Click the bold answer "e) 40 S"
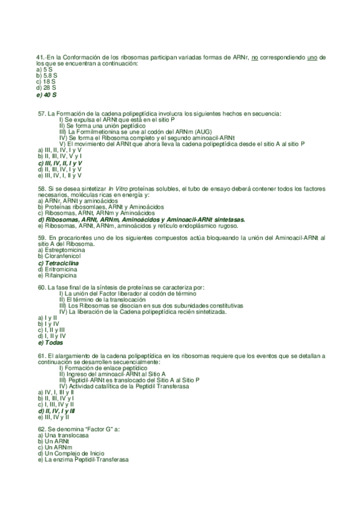(x=46, y=94)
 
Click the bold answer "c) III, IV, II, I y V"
(x=59, y=163)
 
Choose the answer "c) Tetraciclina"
(x=58, y=263)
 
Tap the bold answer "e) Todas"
(x=50, y=343)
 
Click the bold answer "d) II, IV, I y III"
(x=55, y=410)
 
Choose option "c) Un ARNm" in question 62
(x=54, y=447)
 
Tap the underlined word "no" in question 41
(x=254, y=57)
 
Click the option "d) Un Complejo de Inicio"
(x=70, y=453)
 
